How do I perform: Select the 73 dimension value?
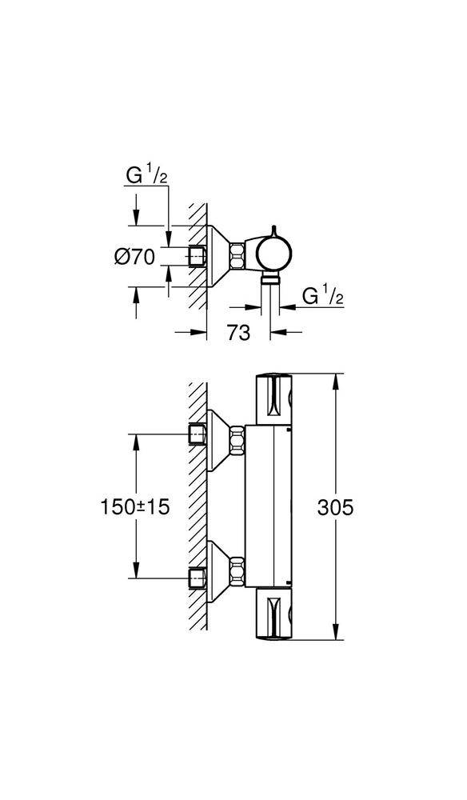[237, 333]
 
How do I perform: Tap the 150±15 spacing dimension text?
[136, 506]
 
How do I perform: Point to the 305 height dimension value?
[335, 506]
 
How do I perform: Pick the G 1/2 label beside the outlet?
[322, 296]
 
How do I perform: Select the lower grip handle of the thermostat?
[275, 614]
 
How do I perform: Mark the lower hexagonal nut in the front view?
[237, 573]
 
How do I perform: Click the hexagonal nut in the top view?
[237, 258]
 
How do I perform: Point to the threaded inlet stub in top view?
[197, 258]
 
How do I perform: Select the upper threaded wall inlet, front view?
[197, 434]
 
